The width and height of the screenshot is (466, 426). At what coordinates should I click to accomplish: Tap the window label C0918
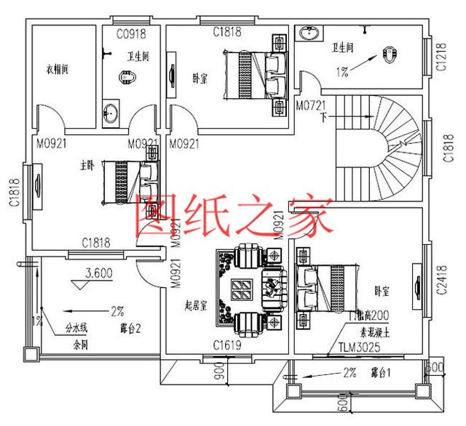(134, 33)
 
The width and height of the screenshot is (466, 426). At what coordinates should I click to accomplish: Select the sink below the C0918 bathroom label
(111, 113)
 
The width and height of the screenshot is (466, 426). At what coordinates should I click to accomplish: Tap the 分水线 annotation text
(76, 328)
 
